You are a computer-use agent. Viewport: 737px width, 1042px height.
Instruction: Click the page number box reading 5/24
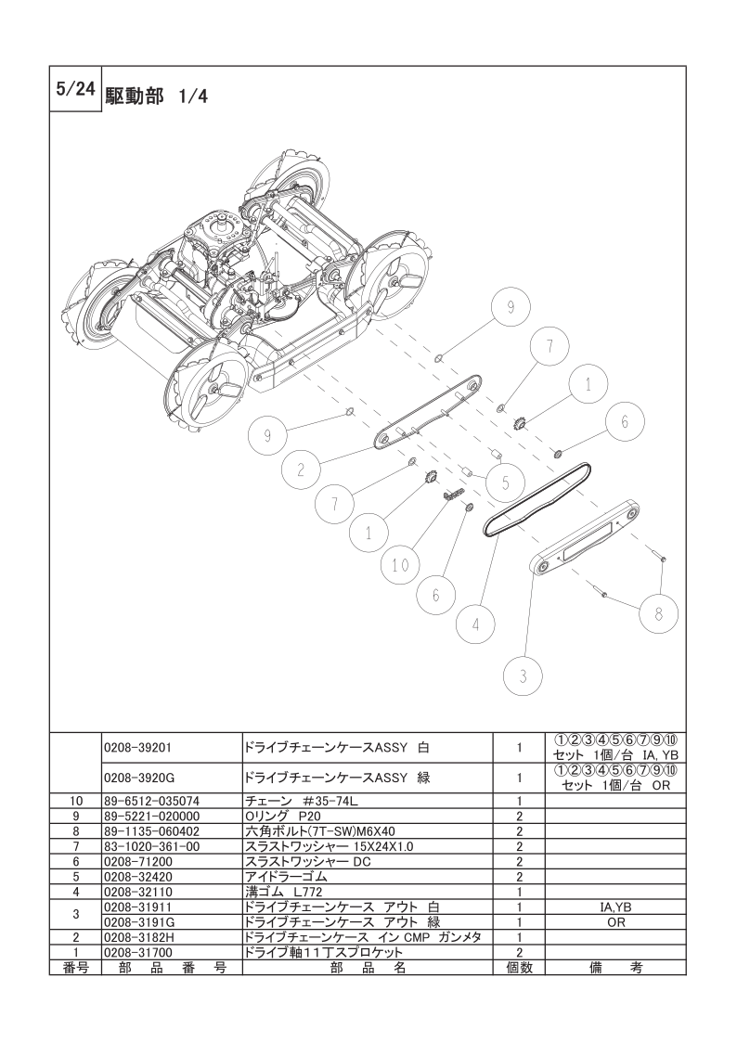pyautogui.click(x=74, y=89)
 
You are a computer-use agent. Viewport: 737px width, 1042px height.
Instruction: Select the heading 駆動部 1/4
pyautogui.click(x=156, y=97)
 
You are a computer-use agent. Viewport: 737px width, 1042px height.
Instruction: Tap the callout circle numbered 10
pyautogui.click(x=401, y=563)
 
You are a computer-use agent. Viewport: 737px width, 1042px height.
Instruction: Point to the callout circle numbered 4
pyautogui.click(x=475, y=624)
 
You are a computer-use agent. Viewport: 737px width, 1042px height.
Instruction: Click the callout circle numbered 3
pyautogui.click(x=524, y=676)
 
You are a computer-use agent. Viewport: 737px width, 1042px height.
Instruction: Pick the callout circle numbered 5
pyautogui.click(x=505, y=482)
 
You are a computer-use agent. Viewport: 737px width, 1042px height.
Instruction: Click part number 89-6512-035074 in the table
pyautogui.click(x=150, y=800)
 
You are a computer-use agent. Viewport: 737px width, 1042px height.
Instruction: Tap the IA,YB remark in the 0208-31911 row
pyautogui.click(x=615, y=907)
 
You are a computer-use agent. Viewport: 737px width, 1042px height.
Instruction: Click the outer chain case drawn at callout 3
pyautogui.click(x=584, y=537)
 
